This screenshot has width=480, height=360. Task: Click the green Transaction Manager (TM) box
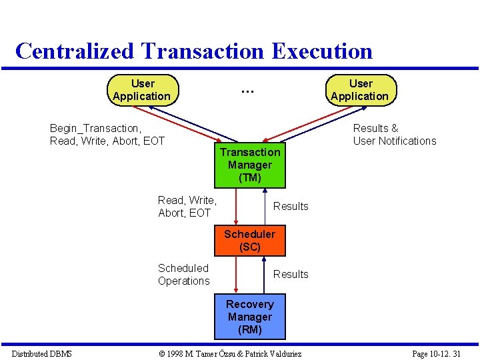point(249,165)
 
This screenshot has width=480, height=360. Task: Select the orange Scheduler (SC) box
point(249,241)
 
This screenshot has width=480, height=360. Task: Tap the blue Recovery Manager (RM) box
point(249,317)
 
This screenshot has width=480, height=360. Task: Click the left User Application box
point(143,90)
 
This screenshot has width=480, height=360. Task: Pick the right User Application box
point(360,90)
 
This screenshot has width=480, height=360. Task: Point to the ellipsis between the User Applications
point(247,89)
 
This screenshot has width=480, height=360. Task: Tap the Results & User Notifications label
point(394,134)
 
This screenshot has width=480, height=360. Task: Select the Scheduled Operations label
point(184,274)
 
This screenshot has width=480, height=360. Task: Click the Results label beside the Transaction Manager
point(291,206)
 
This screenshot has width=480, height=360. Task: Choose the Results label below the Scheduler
point(291,274)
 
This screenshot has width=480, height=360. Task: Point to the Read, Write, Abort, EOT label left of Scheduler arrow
point(187,206)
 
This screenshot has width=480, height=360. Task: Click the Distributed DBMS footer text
point(42,353)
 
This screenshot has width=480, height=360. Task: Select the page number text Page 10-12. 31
point(437,353)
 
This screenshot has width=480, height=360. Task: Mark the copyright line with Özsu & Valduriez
point(227,353)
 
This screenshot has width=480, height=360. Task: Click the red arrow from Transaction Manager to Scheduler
point(236,207)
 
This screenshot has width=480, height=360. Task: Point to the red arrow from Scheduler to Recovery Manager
point(236,275)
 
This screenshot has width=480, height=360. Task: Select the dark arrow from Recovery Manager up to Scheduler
point(265,275)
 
